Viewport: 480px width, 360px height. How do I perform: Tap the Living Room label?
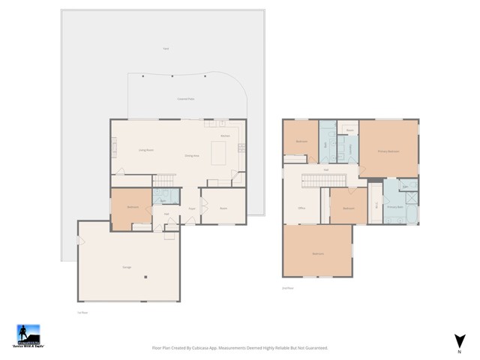145,150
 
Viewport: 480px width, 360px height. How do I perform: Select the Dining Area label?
192,155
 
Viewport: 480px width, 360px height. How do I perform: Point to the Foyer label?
193,208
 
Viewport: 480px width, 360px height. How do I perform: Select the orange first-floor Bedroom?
132,207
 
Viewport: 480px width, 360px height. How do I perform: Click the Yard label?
165,49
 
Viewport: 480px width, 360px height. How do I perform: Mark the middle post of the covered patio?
173,76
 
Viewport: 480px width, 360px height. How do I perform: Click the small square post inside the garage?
146,275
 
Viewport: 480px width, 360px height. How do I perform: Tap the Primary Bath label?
394,206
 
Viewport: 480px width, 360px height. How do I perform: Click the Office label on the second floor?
301,208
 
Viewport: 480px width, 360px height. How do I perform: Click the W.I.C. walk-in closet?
375,204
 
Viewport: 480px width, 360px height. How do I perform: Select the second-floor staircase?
322,181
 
